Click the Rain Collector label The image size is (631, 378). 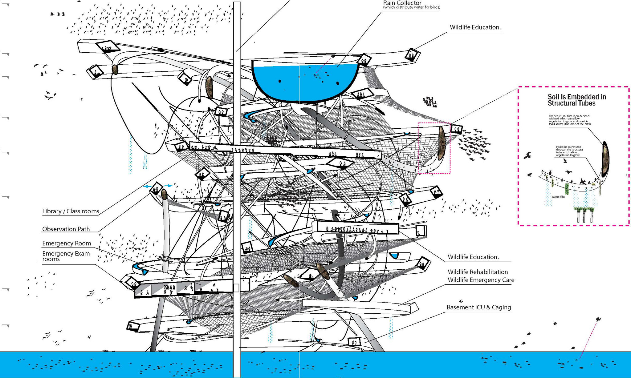(x=402, y=3)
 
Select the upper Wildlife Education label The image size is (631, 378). (x=475, y=27)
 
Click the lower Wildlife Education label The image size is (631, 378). (x=473, y=257)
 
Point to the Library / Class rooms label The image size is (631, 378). (x=71, y=211)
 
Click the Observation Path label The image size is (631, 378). (x=66, y=229)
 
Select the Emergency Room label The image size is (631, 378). (x=67, y=243)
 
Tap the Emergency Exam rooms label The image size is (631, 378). (x=66, y=256)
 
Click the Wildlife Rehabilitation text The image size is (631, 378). (x=478, y=272)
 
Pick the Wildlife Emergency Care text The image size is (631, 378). (x=481, y=280)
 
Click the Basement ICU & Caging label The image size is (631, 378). (x=478, y=307)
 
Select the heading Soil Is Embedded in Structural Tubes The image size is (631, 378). (x=576, y=100)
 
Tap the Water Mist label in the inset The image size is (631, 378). (x=558, y=197)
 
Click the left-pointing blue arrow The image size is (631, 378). (x=147, y=187)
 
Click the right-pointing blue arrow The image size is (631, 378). (x=169, y=186)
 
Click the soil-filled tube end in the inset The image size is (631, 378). (x=605, y=159)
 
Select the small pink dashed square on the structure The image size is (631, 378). (x=434, y=148)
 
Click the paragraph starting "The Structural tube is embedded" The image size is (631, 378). (x=569, y=120)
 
